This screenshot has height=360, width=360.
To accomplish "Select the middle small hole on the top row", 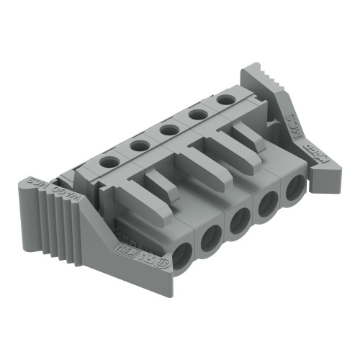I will click(x=171, y=130).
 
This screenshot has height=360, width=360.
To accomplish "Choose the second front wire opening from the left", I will click(x=212, y=238).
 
